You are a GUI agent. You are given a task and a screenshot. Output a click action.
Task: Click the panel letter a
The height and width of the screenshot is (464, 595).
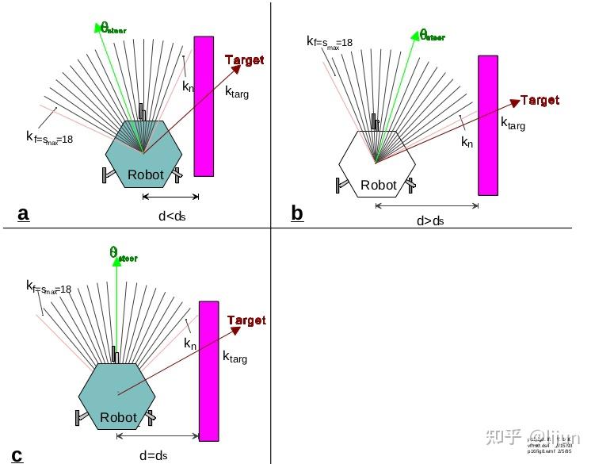click(23, 213)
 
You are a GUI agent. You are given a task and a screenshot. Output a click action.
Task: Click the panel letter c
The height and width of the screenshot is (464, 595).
click(17, 455)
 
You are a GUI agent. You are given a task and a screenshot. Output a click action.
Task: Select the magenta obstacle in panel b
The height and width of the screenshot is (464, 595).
click(488, 125)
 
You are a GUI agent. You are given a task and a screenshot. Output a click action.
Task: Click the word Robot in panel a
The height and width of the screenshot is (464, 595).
click(146, 174)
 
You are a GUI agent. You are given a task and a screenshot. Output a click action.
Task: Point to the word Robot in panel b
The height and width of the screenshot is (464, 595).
click(378, 185)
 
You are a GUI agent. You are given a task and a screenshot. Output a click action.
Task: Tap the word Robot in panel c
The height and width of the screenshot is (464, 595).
click(118, 417)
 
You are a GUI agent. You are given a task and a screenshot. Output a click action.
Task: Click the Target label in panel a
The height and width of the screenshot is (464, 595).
click(244, 60)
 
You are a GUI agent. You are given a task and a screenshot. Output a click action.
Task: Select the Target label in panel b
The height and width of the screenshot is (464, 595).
click(540, 100)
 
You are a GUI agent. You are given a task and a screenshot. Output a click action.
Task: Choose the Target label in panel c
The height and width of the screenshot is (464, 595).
click(246, 320)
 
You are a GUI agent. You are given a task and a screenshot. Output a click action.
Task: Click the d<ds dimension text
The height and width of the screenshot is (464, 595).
click(171, 215)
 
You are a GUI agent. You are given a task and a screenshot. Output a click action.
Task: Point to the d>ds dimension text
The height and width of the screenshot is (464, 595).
click(430, 221)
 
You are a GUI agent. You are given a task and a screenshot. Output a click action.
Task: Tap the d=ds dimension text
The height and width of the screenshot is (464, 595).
click(153, 455)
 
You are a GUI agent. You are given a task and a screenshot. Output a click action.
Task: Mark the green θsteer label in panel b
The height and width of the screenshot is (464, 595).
click(432, 35)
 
